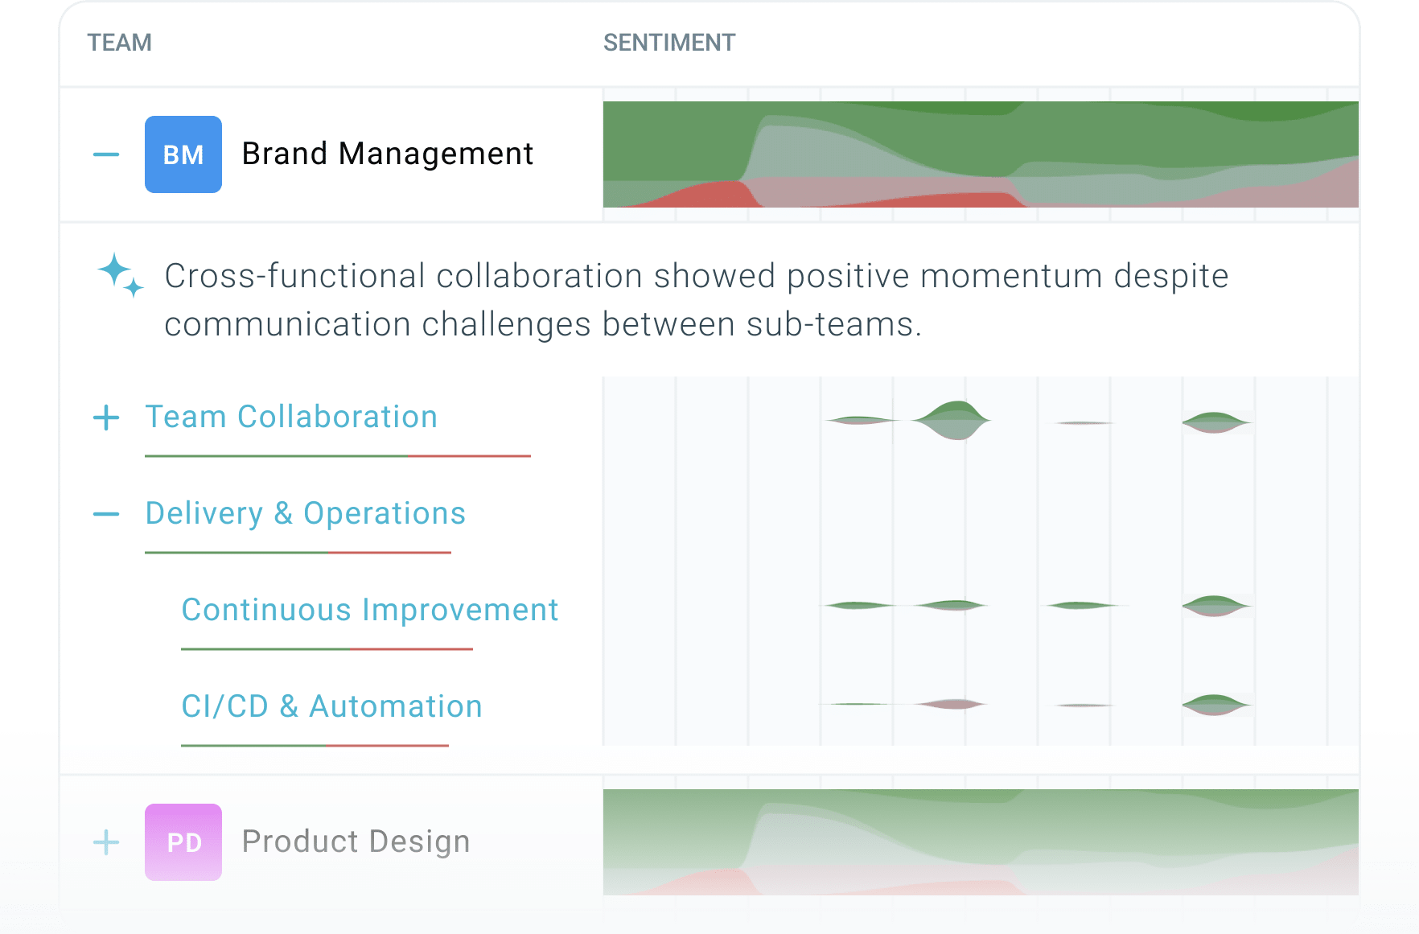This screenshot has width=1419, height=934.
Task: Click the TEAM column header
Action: point(119,43)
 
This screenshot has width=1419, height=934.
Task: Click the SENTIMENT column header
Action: point(669,43)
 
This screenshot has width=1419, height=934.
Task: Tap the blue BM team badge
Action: point(183,154)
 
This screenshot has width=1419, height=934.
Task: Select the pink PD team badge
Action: point(183,842)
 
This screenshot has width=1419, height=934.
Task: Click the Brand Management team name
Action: point(388,154)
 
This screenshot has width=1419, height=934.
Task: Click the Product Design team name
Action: point(356,841)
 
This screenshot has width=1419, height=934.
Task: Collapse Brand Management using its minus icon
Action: point(106,154)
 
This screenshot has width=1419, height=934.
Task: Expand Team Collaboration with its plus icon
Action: point(106,418)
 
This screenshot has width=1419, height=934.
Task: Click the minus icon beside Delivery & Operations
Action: point(106,514)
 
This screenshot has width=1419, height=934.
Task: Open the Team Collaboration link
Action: point(291,417)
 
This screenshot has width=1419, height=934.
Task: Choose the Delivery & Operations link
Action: point(306,513)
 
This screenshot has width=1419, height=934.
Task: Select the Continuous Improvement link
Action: point(370,610)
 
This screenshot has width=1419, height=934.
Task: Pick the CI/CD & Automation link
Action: point(331,706)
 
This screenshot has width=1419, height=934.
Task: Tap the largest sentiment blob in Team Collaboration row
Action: point(952,420)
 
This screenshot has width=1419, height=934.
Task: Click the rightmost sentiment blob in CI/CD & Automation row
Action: point(1215,705)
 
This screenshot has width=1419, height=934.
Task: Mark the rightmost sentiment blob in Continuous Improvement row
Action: point(1215,606)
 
